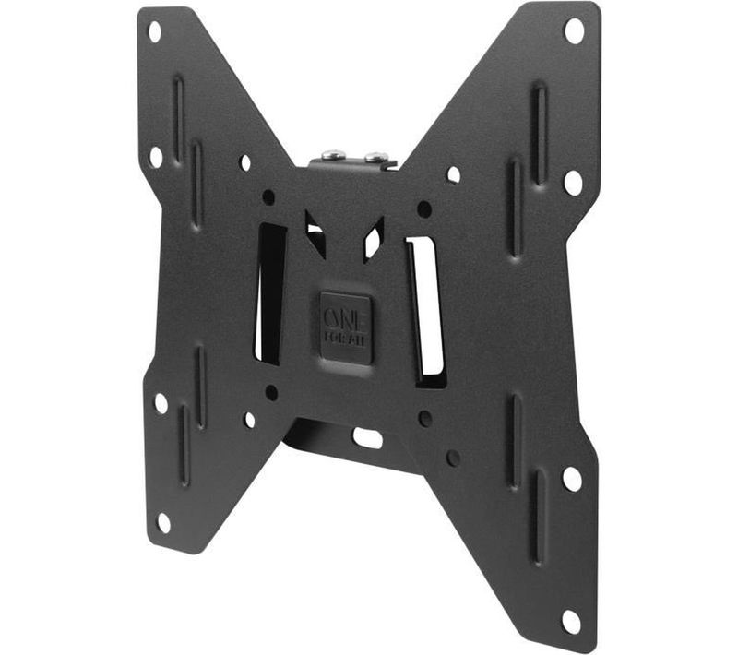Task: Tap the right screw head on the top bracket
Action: (375, 158)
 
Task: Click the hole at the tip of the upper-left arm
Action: (154, 31)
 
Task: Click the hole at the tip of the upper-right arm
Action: (574, 30)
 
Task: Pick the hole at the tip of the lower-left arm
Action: (163, 522)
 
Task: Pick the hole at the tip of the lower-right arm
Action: (571, 621)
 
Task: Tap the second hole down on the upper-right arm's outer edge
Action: (573, 182)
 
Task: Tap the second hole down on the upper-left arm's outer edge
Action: (156, 157)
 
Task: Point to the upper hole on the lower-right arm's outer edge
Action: (572, 479)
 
